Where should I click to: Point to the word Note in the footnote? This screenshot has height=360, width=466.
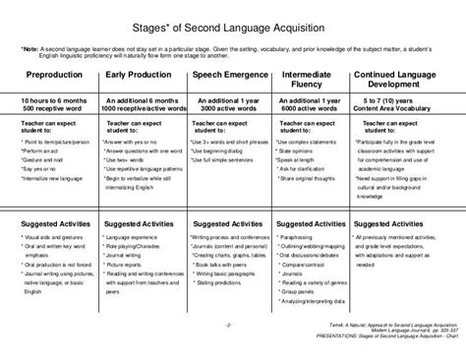pos(31,48)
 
